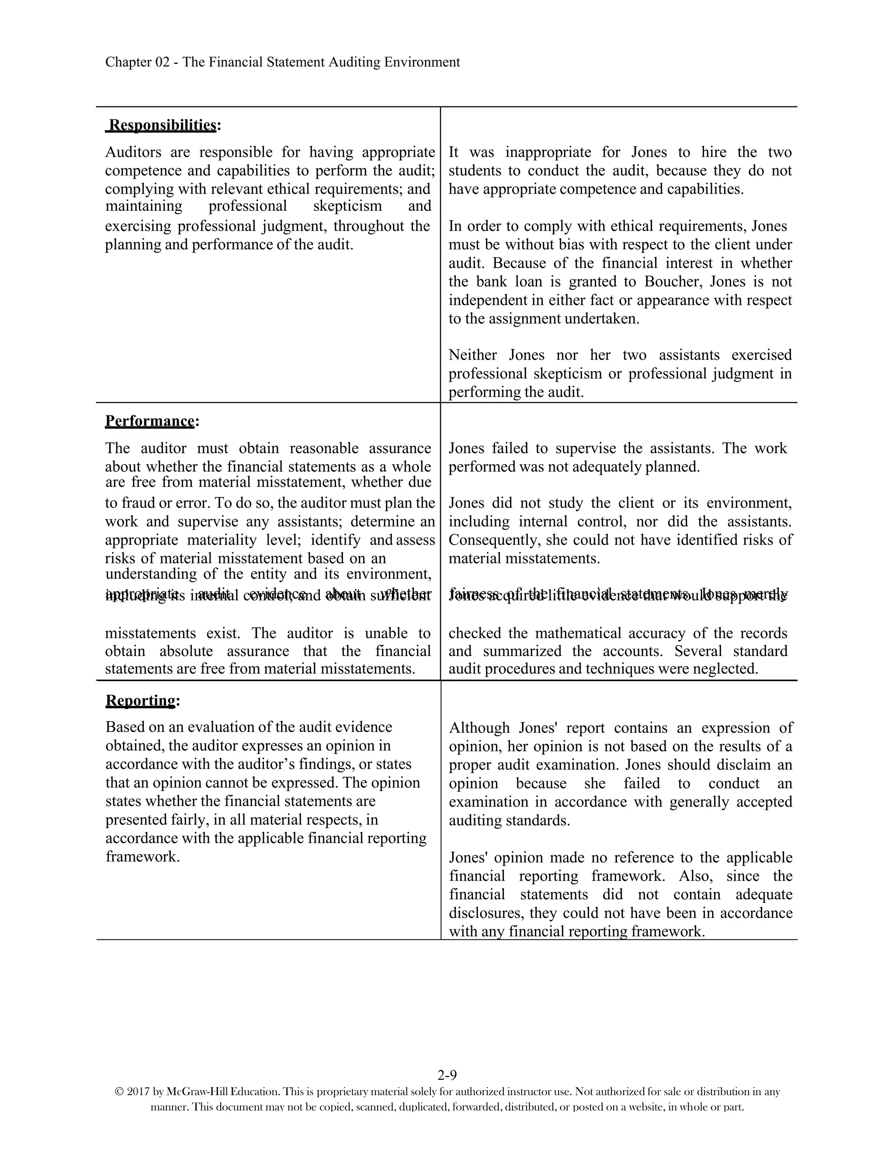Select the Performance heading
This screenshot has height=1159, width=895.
[150, 421]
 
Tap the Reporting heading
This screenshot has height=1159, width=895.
[141, 701]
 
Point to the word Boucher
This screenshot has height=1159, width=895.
[673, 282]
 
